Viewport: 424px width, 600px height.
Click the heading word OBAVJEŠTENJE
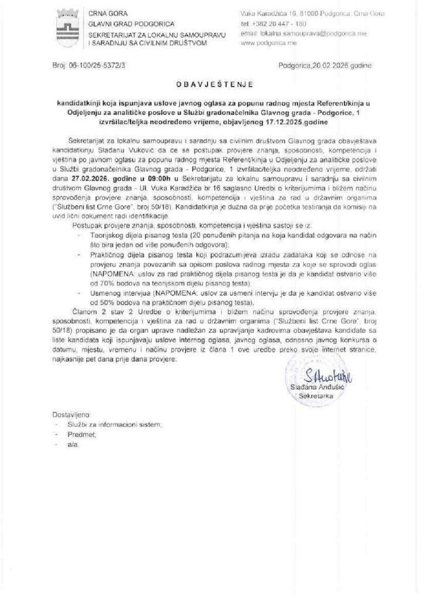(213, 85)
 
